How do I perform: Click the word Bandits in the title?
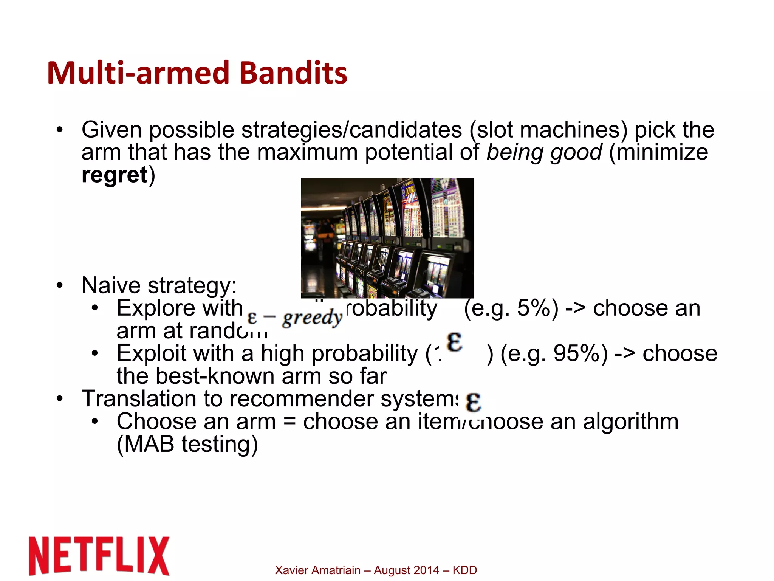tap(293, 73)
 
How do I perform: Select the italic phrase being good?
tap(544, 152)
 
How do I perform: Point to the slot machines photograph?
tap(387, 238)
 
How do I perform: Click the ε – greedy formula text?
tap(294, 318)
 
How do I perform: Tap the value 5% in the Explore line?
tap(534, 308)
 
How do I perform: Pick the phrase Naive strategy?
tap(159, 285)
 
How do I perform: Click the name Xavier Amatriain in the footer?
tap(317, 570)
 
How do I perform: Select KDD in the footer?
tap(464, 570)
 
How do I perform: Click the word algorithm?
tap(630, 421)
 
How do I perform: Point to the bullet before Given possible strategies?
tap(59, 130)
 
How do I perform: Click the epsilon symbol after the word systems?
tap(473, 402)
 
